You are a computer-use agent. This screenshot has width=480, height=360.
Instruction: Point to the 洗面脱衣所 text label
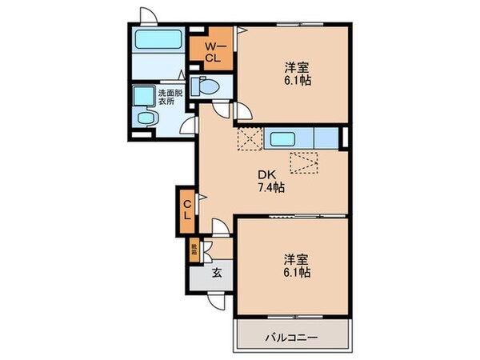[x=169, y=98]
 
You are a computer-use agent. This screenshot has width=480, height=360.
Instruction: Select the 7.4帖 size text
[x=270, y=189]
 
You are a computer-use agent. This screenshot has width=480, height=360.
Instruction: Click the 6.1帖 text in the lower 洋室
[x=295, y=273]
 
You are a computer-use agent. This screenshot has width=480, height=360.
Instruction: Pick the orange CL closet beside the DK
[x=186, y=207]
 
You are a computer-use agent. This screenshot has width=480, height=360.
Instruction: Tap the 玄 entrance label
[x=217, y=274]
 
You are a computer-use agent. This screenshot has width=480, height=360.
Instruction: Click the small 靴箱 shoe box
[x=194, y=251]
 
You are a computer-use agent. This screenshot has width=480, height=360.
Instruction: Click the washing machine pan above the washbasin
[x=145, y=96]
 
